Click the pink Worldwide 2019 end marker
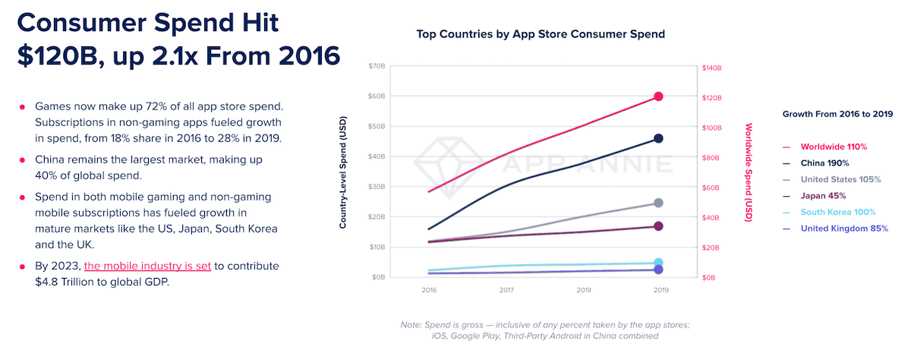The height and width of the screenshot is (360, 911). click(658, 96)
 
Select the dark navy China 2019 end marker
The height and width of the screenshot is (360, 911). click(658, 138)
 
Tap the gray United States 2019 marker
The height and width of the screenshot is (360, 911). click(658, 203)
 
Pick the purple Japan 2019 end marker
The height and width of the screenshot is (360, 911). click(658, 226)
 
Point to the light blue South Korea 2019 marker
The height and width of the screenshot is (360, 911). click(658, 263)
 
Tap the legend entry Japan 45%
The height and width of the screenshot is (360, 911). click(824, 196)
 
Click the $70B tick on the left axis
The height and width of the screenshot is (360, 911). click(376, 67)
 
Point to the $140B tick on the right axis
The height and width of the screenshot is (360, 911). click(711, 67)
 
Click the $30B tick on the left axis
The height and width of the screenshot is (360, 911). click(376, 187)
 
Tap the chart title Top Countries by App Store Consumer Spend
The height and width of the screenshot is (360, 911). click(541, 34)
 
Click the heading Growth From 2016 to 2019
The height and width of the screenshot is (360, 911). click(837, 114)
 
